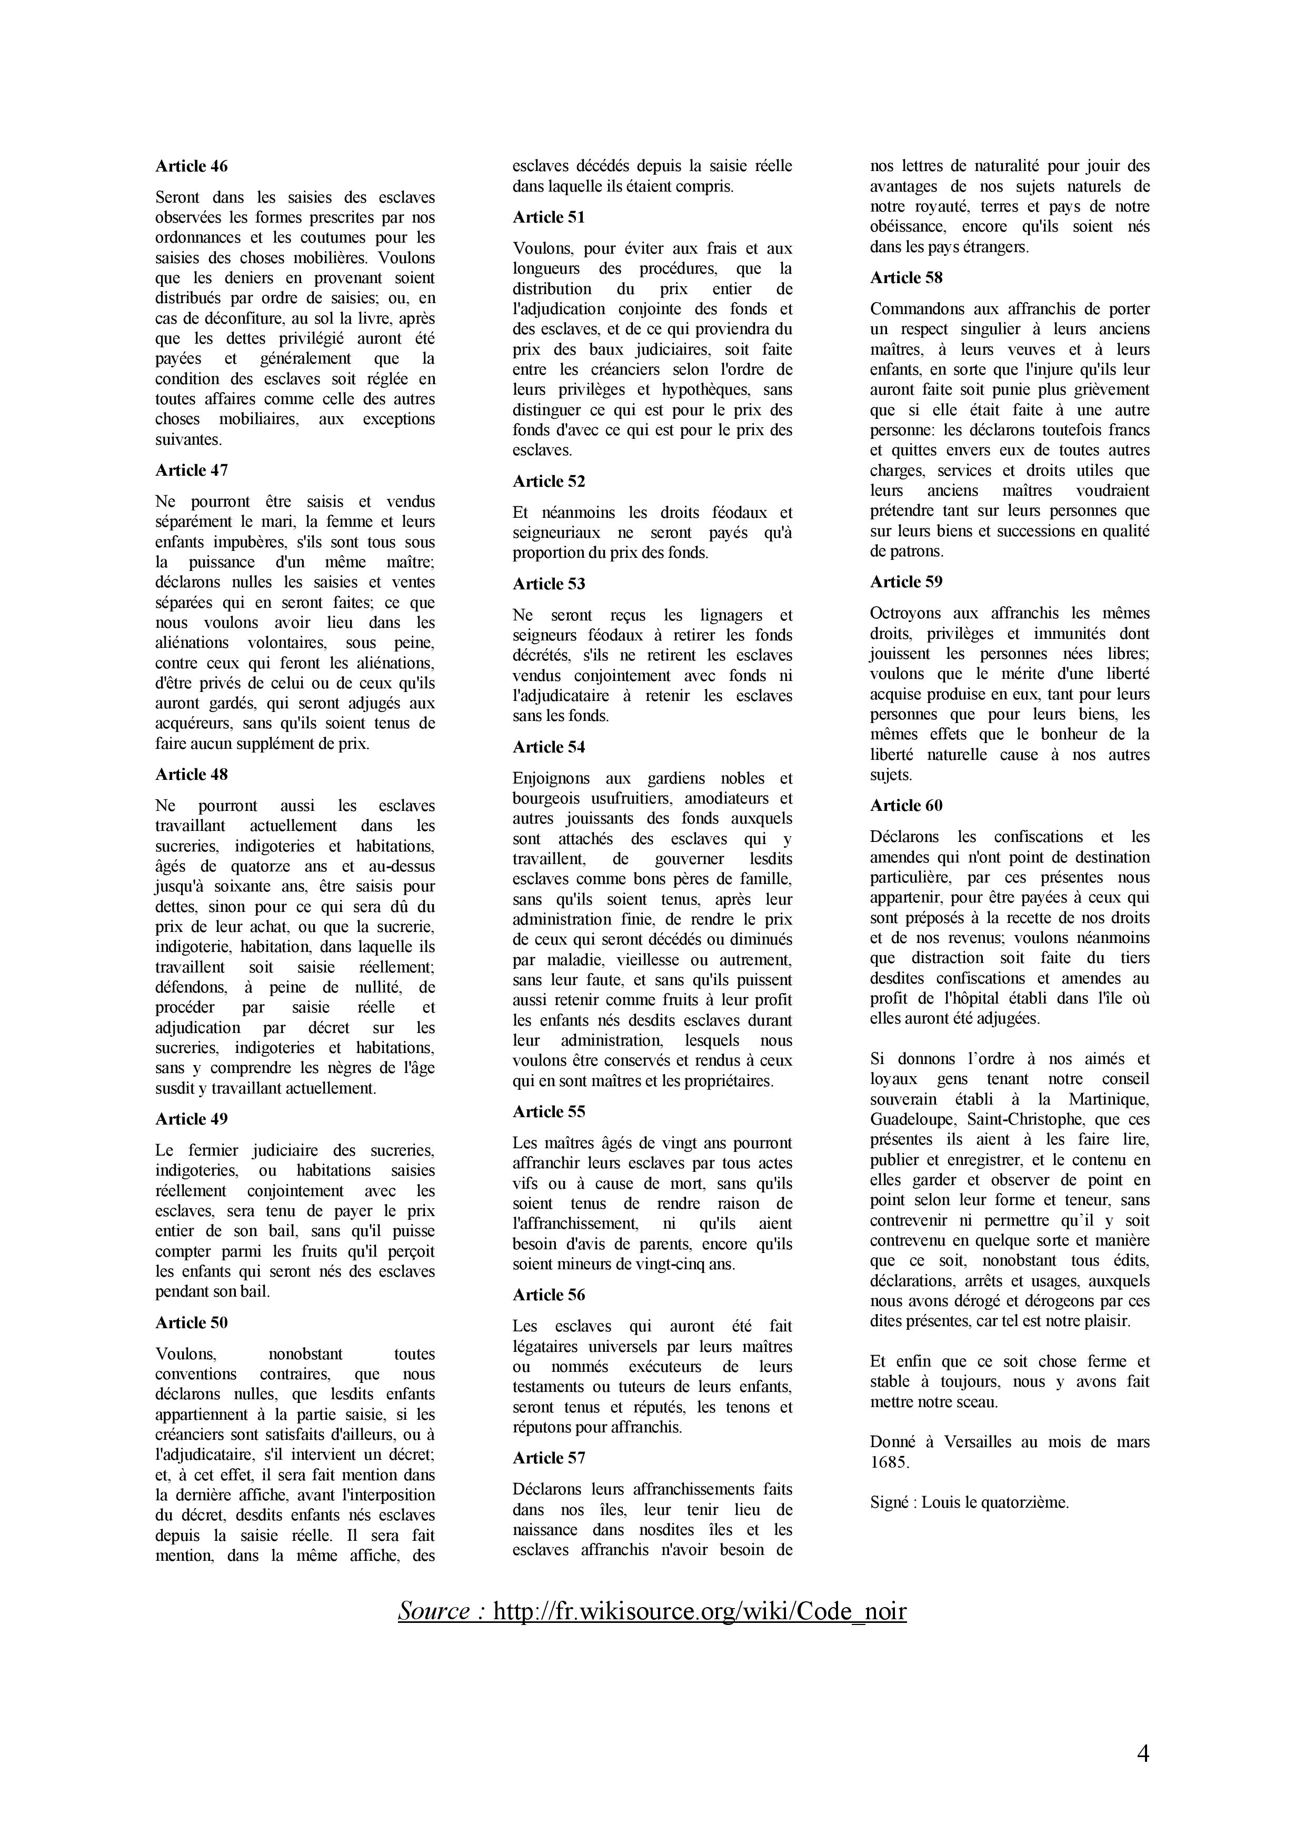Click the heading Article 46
tap(192, 166)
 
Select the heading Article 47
tap(192, 470)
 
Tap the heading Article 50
tap(192, 1322)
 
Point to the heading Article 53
tap(549, 584)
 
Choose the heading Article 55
tap(549, 1111)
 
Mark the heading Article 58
tap(906, 277)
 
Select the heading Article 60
tap(906, 806)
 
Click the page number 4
tap(1142, 1753)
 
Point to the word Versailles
tap(973, 1441)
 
